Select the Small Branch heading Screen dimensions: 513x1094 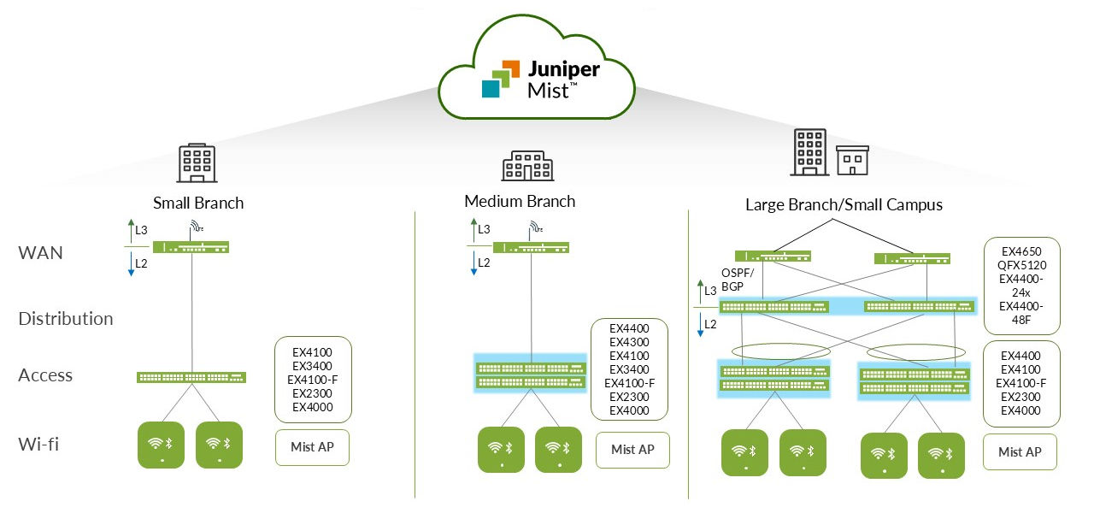coord(198,203)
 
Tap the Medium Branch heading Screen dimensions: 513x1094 coord(520,201)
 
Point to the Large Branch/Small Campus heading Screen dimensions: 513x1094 coord(844,204)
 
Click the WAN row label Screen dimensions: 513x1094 coord(41,253)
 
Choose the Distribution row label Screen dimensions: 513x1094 coord(66,318)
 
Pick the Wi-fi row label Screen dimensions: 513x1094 coord(38,444)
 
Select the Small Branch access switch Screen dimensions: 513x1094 coord(191,377)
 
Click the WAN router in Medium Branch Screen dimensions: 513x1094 coord(531,248)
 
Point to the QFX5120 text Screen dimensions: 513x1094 coord(1021,265)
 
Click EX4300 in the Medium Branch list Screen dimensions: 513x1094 coord(629,342)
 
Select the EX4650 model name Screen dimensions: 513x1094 coord(1021,251)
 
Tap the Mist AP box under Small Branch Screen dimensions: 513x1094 coord(313,447)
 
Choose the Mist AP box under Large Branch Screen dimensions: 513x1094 coord(1020,451)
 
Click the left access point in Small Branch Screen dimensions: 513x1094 coord(161,444)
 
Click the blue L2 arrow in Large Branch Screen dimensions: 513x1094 coord(701,324)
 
